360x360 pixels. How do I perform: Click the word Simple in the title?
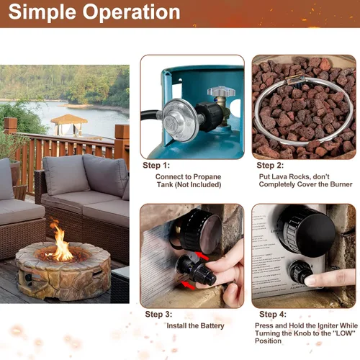tap(42, 12)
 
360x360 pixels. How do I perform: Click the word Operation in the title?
tap(131, 12)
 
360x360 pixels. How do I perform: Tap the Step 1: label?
tap(156, 166)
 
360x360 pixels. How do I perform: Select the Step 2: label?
tap(270, 166)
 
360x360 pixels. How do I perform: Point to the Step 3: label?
tap(158, 315)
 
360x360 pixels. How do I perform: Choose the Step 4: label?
tap(273, 315)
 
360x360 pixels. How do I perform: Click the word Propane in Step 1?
tap(207, 177)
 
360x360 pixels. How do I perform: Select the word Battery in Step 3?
tap(212, 326)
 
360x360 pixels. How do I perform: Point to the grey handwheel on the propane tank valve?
tap(221, 91)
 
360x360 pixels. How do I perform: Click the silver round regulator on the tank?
tap(181, 120)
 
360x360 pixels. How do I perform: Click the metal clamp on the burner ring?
tap(295, 80)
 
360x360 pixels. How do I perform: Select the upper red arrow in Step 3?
tap(202, 256)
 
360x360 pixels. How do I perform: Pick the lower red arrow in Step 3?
tap(188, 285)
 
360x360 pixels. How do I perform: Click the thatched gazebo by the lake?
tap(69, 125)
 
